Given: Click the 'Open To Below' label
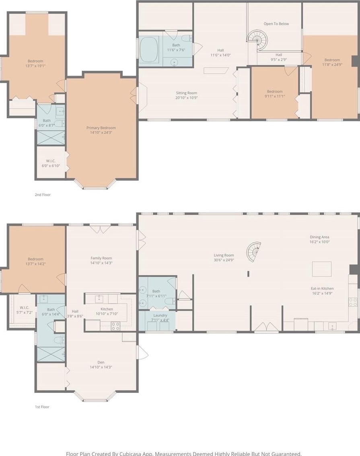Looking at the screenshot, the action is click(x=276, y=24).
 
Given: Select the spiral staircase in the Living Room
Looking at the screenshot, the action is click(x=253, y=252).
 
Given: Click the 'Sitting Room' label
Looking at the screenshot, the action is click(x=186, y=93).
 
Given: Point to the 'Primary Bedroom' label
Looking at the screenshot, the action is click(x=101, y=127).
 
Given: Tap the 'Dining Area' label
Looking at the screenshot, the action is click(x=319, y=237).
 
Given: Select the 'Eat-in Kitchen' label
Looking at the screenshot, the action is click(x=322, y=288).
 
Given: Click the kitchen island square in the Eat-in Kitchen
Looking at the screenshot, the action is click(x=322, y=269).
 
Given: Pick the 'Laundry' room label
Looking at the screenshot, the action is click(x=160, y=315).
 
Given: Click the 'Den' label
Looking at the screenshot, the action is click(x=101, y=362).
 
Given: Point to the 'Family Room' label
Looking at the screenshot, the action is click(x=101, y=258).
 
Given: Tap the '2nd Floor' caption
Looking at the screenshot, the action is click(x=43, y=195).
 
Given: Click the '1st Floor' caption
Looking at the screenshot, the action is click(x=42, y=407).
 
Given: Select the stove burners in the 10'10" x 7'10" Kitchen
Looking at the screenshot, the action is click(x=115, y=326).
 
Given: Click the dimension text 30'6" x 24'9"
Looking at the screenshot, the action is click(x=224, y=260).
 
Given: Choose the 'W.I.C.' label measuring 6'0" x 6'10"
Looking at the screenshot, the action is click(x=51, y=161).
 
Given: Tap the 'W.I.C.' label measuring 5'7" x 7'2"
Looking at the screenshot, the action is click(x=25, y=308).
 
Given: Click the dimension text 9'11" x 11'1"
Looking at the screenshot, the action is click(x=275, y=96).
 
